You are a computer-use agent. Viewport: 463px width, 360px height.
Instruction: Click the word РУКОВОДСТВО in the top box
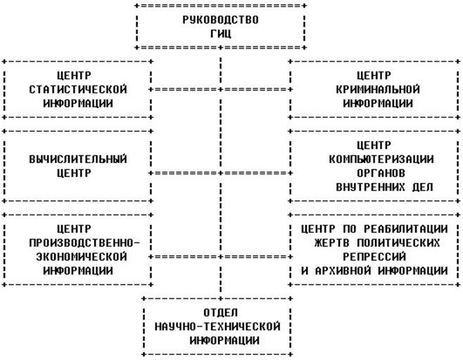220,19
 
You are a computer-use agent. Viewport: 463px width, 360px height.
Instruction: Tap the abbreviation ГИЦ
220,33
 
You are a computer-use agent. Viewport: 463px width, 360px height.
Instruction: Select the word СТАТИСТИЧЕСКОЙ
77,89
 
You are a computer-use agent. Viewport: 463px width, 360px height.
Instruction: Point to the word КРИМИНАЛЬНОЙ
377,89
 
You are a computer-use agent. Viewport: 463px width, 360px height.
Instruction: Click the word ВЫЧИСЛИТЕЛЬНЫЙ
77,159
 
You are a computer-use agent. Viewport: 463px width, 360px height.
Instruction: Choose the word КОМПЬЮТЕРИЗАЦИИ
377,159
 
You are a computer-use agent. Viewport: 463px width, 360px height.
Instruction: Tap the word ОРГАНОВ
377,172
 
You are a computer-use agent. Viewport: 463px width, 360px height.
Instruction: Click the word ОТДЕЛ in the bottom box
220,311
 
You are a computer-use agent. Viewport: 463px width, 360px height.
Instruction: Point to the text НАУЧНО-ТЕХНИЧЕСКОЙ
220,326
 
